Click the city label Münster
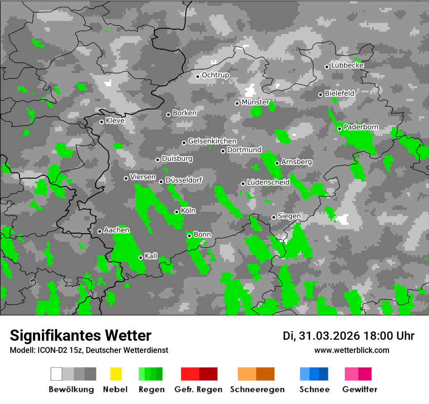[255, 102]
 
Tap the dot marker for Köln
[176, 212]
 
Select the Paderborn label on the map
[361, 127]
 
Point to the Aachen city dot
[99, 231]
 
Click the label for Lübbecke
[347, 65]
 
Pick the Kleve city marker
[101, 122]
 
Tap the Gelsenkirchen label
[212, 141]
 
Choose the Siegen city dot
[273, 217]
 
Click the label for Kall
[151, 256]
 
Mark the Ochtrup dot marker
[197, 76]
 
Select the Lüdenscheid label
[268, 182]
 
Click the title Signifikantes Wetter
[80, 335]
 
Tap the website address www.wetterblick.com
[351, 350]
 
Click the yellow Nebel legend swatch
[116, 374]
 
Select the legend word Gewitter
[360, 389]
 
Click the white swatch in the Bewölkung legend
[57, 374]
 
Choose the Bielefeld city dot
[320, 94]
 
